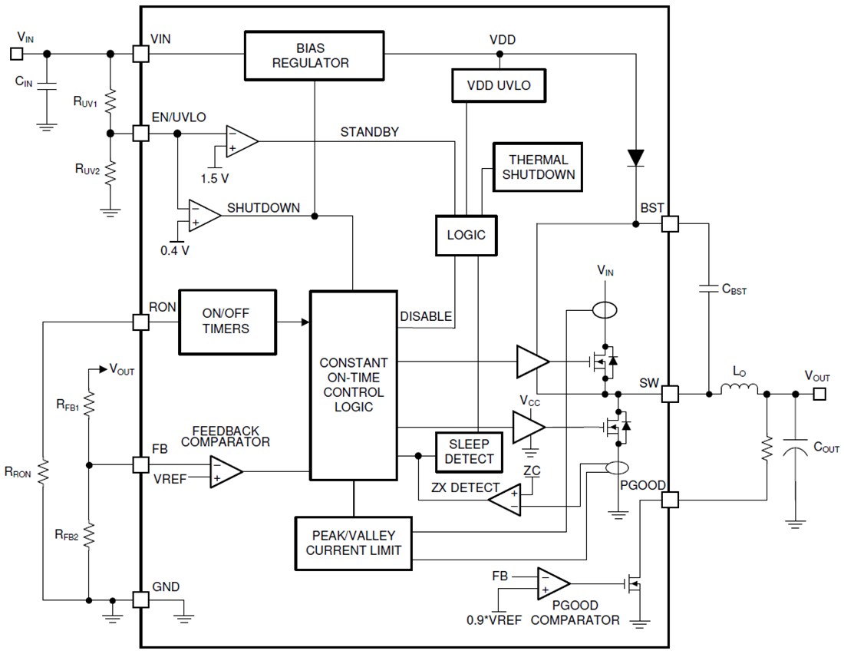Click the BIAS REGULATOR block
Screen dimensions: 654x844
click(x=315, y=55)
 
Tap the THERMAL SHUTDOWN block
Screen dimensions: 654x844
click(x=538, y=167)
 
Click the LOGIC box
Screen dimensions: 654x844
click(x=466, y=234)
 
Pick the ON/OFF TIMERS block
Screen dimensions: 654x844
click(x=226, y=322)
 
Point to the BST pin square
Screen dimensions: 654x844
click(x=670, y=224)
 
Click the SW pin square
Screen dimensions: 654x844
click(x=670, y=395)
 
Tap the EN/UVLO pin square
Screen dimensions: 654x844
click(x=140, y=133)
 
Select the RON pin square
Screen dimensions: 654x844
click(x=140, y=322)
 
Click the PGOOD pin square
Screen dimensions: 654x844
click(x=670, y=500)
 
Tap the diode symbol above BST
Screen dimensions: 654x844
click(x=636, y=157)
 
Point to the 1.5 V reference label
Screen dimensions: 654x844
click(x=215, y=178)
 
